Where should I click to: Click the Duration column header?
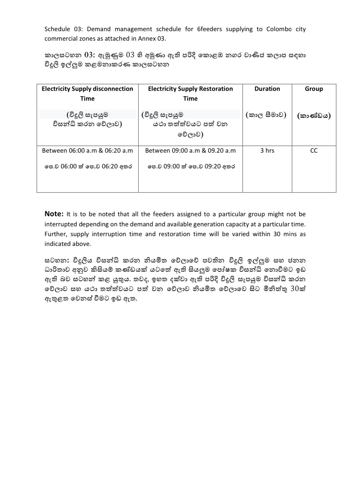coord(267,89)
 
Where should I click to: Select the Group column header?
coord(314,89)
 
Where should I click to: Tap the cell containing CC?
coord(314,151)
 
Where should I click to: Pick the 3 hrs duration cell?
coord(267,151)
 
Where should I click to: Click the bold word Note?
coord(54,214)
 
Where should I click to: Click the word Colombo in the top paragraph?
coord(279,29)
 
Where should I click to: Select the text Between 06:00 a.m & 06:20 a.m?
coord(87,151)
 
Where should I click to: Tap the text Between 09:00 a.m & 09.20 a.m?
coord(190,151)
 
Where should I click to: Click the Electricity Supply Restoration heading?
coord(190,89)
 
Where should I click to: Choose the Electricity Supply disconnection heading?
coord(87,89)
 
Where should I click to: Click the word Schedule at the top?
coord(56,29)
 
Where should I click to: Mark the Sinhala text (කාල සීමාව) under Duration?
coord(266,115)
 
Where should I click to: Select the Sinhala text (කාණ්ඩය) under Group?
coord(314,116)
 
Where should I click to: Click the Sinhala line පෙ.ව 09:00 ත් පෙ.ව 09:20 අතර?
coord(191,166)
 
